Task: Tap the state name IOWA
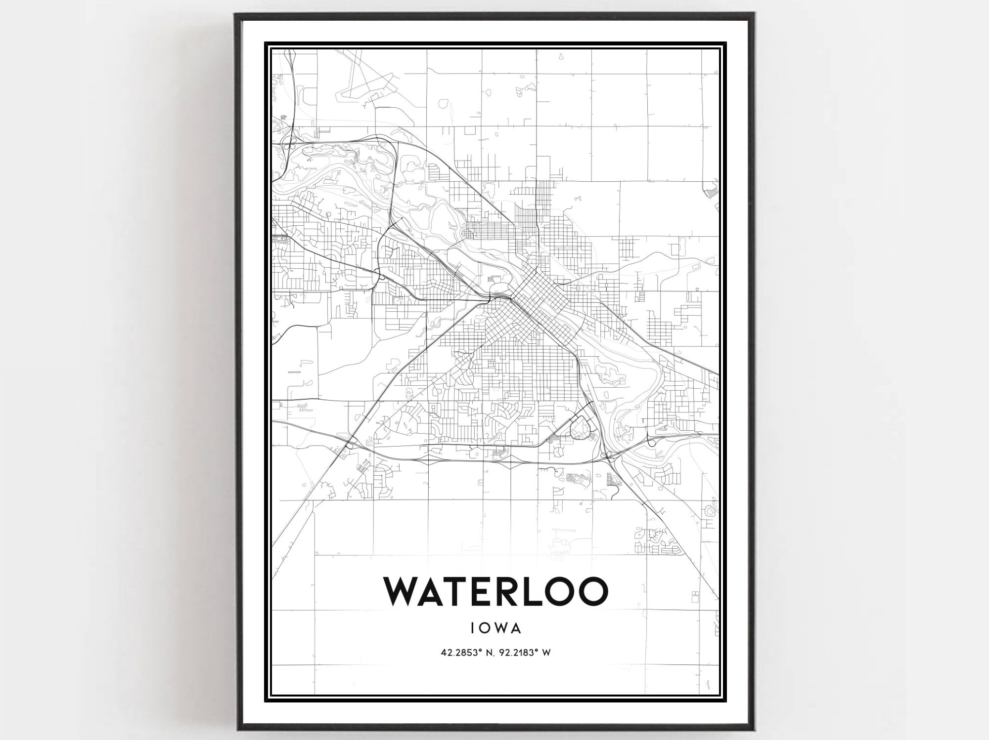[x=495, y=628]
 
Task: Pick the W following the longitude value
[x=546, y=653]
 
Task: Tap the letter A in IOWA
[x=515, y=628]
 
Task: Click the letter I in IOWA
[x=474, y=628]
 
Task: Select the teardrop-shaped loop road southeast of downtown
[x=580, y=426]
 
